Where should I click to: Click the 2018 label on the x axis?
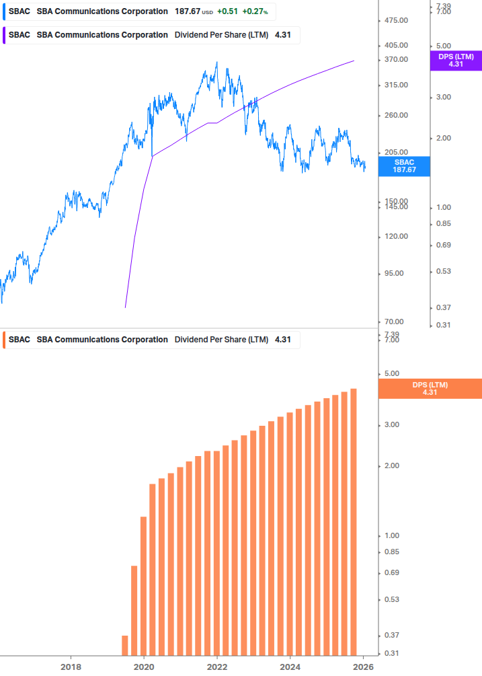click(x=71, y=667)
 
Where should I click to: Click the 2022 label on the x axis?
click(x=217, y=667)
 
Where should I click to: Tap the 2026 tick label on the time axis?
click(x=364, y=667)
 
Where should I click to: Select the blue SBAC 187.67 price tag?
click(x=404, y=166)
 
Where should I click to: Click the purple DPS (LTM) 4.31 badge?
click(x=456, y=61)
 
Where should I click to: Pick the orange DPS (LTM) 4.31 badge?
click(x=430, y=389)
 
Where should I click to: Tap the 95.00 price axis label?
click(x=396, y=273)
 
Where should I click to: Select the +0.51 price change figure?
click(x=227, y=11)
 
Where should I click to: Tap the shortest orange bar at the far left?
click(x=125, y=644)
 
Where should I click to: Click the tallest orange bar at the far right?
click(x=354, y=521)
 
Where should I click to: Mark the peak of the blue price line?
click(x=216, y=63)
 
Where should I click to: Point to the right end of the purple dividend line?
click(x=354, y=61)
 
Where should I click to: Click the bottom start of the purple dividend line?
click(x=126, y=307)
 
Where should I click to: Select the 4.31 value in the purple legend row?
click(x=283, y=35)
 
